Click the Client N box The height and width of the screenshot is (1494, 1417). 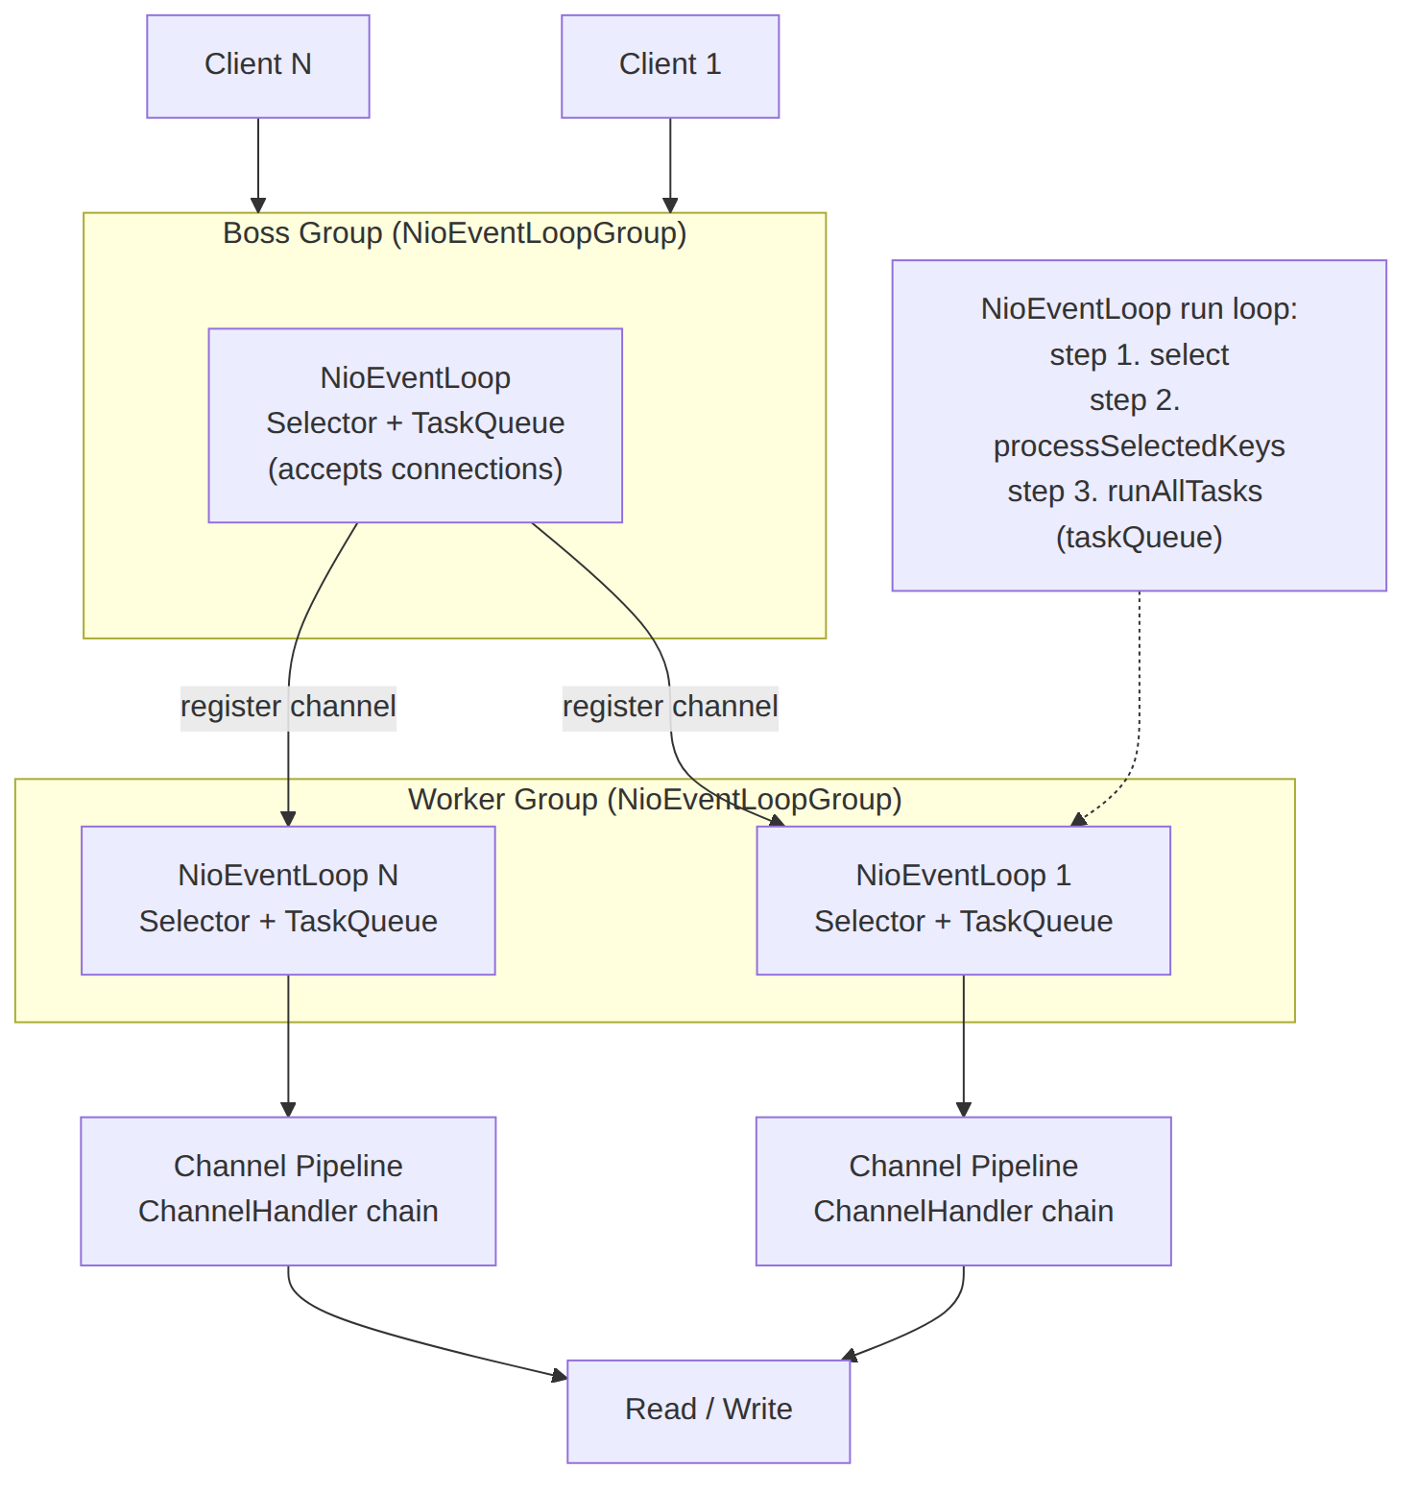click(x=258, y=66)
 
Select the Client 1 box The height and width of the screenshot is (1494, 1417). click(x=670, y=66)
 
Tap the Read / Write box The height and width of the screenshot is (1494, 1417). click(x=708, y=1411)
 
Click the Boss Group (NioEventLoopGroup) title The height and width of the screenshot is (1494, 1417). click(x=455, y=233)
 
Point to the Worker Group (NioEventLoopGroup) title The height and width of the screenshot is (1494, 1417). click(x=655, y=799)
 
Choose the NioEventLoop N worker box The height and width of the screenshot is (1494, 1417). click(x=288, y=901)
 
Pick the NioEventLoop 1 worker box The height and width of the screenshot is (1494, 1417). click(x=964, y=901)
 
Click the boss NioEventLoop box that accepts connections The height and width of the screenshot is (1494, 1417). click(x=416, y=425)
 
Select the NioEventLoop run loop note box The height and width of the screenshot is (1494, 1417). click(x=1140, y=425)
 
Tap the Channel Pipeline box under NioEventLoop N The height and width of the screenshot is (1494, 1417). click(x=288, y=1191)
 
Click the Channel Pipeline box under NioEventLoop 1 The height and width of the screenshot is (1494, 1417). click(x=964, y=1191)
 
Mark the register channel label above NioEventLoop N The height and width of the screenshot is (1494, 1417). click(x=288, y=707)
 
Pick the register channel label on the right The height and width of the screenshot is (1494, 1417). click(x=670, y=707)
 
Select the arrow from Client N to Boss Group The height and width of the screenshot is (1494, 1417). click(x=258, y=165)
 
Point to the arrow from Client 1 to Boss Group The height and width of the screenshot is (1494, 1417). click(x=670, y=165)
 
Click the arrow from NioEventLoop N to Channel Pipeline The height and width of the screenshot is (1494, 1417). click(x=288, y=1046)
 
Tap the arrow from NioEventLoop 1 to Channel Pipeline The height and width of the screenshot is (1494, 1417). click(x=964, y=1046)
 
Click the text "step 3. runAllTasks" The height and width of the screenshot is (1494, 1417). click(x=1135, y=492)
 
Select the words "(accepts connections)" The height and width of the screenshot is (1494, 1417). click(x=416, y=470)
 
